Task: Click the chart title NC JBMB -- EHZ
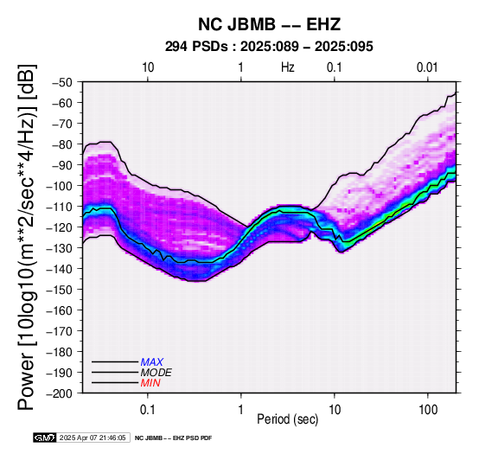(269, 24)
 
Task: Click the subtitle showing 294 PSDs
(269, 47)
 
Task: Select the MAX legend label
(152, 362)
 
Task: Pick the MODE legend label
(156, 373)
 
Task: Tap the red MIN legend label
(150, 383)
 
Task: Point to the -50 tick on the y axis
(62, 82)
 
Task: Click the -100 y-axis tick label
(60, 186)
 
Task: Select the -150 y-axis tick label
(60, 290)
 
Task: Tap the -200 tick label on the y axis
(60, 393)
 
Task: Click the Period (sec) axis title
(287, 419)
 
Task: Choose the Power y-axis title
(27, 237)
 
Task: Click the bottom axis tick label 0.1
(148, 410)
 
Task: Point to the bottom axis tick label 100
(428, 410)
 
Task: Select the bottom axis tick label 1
(241, 410)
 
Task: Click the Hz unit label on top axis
(287, 67)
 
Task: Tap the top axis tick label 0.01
(427, 67)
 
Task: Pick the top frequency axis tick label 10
(148, 67)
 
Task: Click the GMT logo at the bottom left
(45, 438)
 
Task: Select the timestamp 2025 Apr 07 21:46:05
(93, 438)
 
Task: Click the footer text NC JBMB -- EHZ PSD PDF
(173, 438)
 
